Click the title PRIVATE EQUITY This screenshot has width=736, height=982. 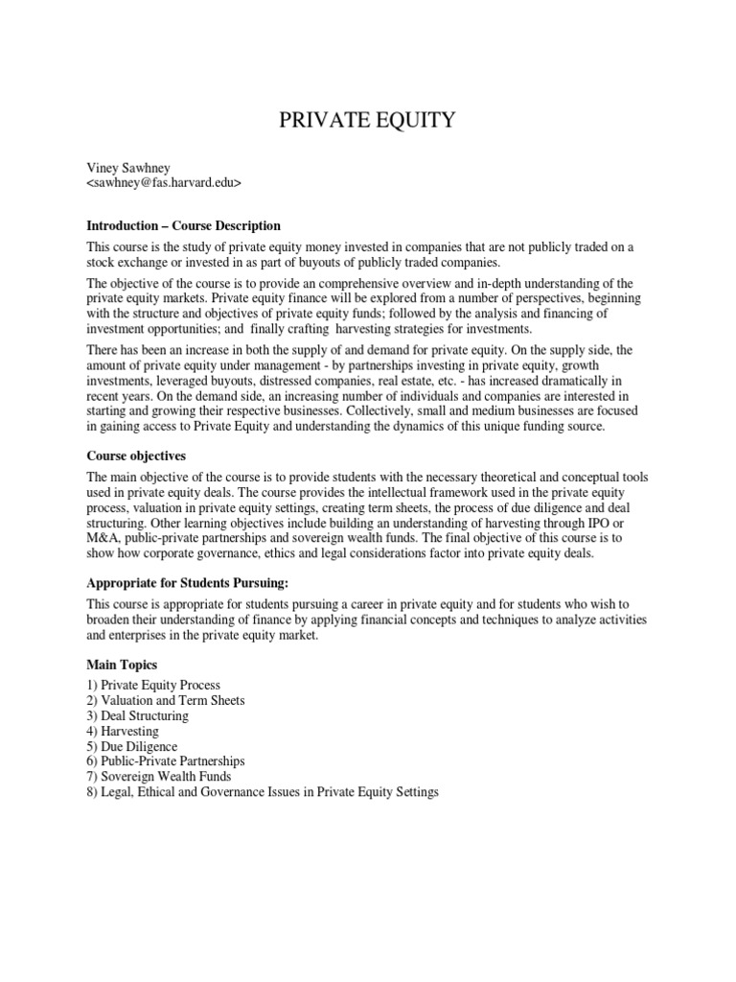(367, 120)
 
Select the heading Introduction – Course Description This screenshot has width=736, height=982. (183, 226)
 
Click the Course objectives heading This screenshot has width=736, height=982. (135, 456)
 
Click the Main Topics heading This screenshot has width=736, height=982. (122, 665)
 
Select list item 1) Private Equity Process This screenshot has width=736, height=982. (153, 686)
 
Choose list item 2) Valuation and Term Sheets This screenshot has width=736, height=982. (166, 701)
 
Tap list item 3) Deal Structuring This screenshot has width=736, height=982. (137, 716)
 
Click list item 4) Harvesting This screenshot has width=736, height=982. (123, 732)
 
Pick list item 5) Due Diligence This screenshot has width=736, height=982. (131, 747)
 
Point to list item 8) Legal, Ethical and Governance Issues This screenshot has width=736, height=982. (262, 793)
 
